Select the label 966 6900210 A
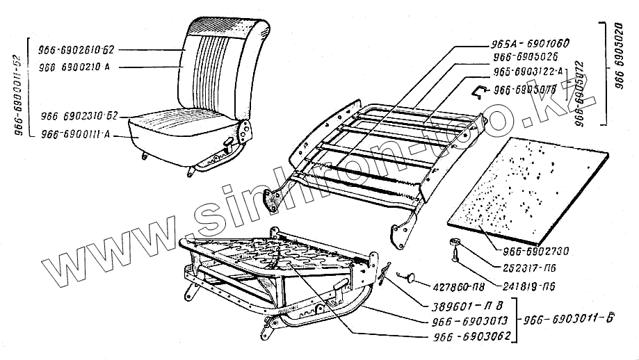(77, 67)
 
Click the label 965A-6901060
(531, 43)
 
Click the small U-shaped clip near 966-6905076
(478, 88)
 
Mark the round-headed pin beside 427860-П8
(411, 277)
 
